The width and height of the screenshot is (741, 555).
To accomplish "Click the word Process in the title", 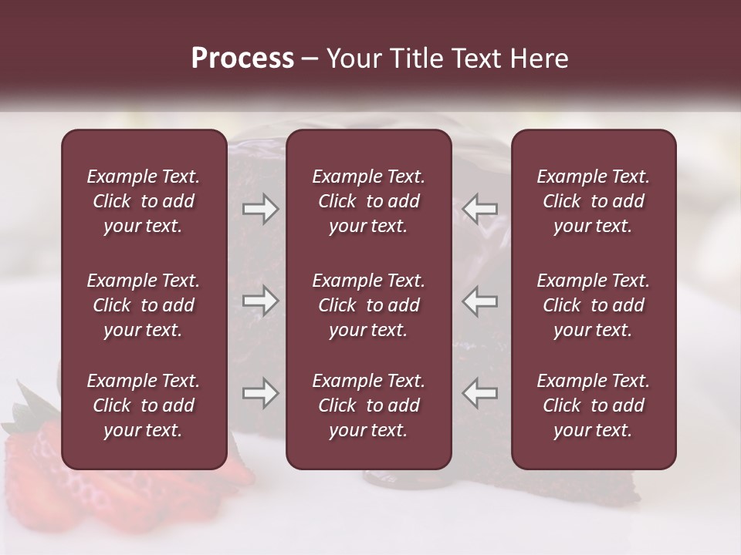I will click(x=242, y=59).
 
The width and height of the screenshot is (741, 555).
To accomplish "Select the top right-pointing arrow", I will click(x=261, y=209).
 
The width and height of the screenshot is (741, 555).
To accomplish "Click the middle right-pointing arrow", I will click(x=261, y=301).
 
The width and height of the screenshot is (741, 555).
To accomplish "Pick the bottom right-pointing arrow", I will click(x=261, y=393).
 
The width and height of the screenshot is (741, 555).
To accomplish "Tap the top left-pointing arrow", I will click(x=480, y=209).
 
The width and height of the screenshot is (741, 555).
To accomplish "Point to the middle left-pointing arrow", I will click(x=480, y=301).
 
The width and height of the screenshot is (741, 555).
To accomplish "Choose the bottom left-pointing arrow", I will click(x=480, y=393).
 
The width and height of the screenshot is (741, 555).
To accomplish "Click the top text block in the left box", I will click(x=144, y=201).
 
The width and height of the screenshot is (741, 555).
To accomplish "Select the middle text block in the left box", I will click(x=144, y=305).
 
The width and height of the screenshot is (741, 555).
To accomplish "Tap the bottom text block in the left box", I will click(x=144, y=405).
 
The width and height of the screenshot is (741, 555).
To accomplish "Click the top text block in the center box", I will click(x=368, y=201).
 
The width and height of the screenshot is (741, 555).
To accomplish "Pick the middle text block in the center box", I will click(x=368, y=305).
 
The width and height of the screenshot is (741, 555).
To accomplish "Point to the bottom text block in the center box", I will click(x=368, y=405).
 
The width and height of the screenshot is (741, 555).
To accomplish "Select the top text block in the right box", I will click(x=593, y=201).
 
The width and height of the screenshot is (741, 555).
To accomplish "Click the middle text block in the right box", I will click(x=593, y=305).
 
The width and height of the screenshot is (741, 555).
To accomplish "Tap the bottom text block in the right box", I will click(x=593, y=405).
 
